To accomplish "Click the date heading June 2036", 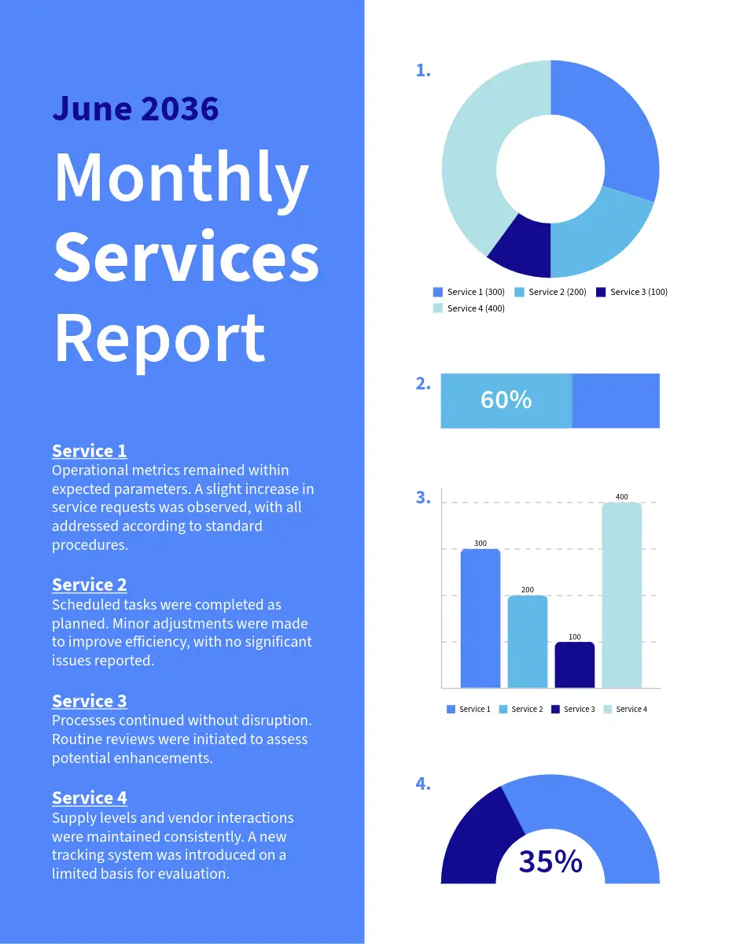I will coord(135,108).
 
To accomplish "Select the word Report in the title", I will coord(160,337).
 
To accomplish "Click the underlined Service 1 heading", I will coord(89,451).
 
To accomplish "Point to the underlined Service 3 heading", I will coord(89,701).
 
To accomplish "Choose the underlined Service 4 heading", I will coord(89,798).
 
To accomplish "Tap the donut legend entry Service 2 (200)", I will coord(550,292).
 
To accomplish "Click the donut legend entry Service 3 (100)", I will coord(631,292).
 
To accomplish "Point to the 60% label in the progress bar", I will coord(506,400).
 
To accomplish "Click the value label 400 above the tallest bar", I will coord(621,497).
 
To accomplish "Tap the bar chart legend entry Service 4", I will coord(625,710).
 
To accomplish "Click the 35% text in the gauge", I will coord(550,862).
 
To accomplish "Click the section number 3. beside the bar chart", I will coord(422,497).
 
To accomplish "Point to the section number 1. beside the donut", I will coord(422,71).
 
